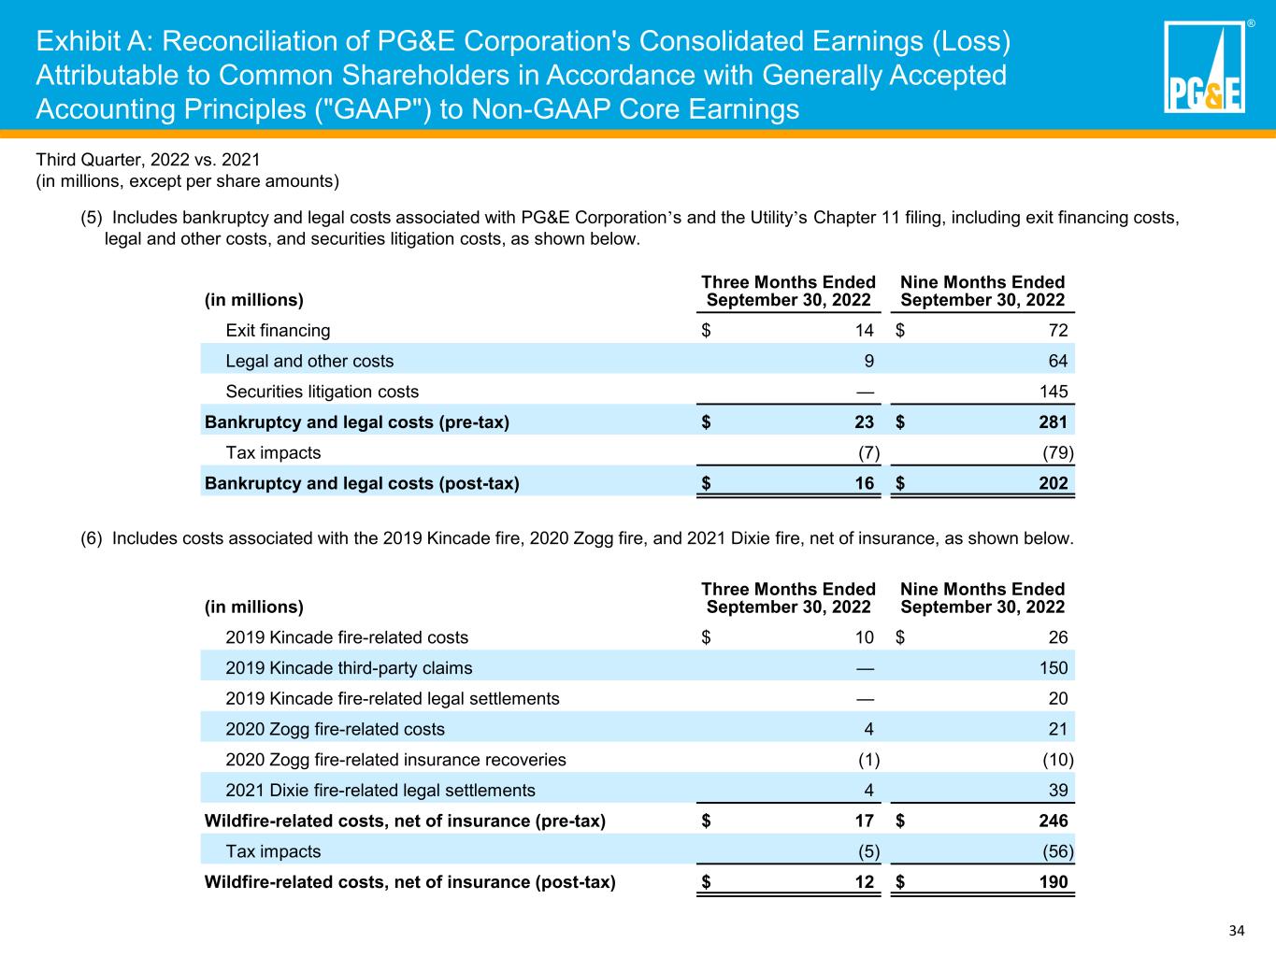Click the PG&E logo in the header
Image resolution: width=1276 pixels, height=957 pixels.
click(x=1204, y=66)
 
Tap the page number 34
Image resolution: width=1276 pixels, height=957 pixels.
click(x=1237, y=930)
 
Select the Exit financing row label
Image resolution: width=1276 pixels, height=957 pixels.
click(x=278, y=331)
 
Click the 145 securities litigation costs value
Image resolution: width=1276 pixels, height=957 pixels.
click(x=1054, y=392)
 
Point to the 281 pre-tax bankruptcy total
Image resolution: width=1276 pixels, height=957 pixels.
click(x=1054, y=421)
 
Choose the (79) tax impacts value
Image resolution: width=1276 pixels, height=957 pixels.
click(x=1058, y=452)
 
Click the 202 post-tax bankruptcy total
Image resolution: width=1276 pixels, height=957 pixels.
click(x=1054, y=483)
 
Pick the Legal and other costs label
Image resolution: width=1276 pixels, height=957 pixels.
click(x=309, y=361)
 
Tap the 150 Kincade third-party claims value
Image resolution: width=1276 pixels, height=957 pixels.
click(x=1054, y=667)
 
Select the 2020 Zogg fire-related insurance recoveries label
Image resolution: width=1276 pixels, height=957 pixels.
click(x=395, y=760)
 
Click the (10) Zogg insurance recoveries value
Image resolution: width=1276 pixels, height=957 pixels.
click(x=1058, y=760)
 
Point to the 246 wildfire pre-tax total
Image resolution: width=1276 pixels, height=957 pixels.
click(x=1054, y=821)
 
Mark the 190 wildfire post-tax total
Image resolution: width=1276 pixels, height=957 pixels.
click(x=1054, y=882)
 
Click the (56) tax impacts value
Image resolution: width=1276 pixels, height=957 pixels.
click(x=1058, y=851)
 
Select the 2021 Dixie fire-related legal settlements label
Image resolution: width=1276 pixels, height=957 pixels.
click(x=380, y=791)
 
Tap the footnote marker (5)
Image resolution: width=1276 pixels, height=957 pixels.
click(x=92, y=218)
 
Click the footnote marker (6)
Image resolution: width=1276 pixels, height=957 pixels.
click(x=92, y=538)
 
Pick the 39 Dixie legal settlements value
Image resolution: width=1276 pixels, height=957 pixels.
click(x=1058, y=791)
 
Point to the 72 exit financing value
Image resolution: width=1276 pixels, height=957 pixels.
click(x=1058, y=331)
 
